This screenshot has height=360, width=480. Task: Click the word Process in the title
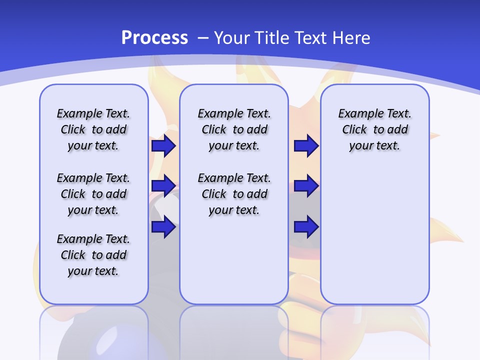(x=154, y=38)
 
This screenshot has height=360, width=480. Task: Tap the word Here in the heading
(x=351, y=38)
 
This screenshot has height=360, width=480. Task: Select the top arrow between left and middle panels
(x=163, y=146)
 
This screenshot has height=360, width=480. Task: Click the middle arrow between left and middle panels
(x=163, y=186)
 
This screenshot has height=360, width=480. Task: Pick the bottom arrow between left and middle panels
(x=163, y=227)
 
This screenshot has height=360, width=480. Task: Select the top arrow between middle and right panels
(x=306, y=146)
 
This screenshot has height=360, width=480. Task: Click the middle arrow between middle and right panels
(x=306, y=186)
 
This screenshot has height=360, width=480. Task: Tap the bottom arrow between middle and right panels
(x=306, y=227)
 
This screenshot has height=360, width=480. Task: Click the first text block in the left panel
(x=93, y=129)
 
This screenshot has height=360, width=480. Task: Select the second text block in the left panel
(x=93, y=194)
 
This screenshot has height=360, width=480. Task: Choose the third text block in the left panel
(x=93, y=255)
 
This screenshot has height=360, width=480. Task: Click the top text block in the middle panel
(x=234, y=129)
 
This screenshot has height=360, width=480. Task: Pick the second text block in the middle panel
(x=234, y=194)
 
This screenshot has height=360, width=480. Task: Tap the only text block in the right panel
(x=375, y=129)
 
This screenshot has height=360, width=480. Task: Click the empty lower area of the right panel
(x=375, y=235)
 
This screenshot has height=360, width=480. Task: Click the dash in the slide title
(x=203, y=38)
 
